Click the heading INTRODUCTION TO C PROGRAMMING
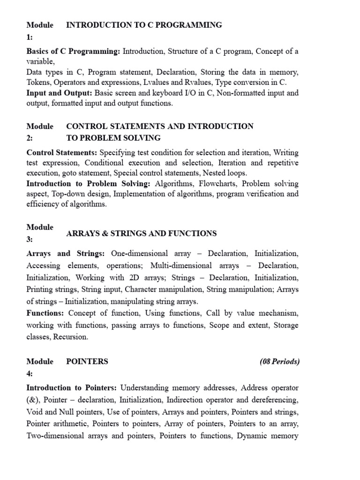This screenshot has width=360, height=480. (144, 25)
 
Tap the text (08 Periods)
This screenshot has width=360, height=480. (279, 361)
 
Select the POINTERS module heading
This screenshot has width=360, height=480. (87, 361)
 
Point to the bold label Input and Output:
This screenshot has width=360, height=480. (59, 93)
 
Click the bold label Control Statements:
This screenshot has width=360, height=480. (62, 153)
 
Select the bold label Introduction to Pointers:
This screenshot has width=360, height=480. (73, 388)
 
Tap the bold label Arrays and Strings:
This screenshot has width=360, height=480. (66, 254)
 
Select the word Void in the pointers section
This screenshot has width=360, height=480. (35, 412)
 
